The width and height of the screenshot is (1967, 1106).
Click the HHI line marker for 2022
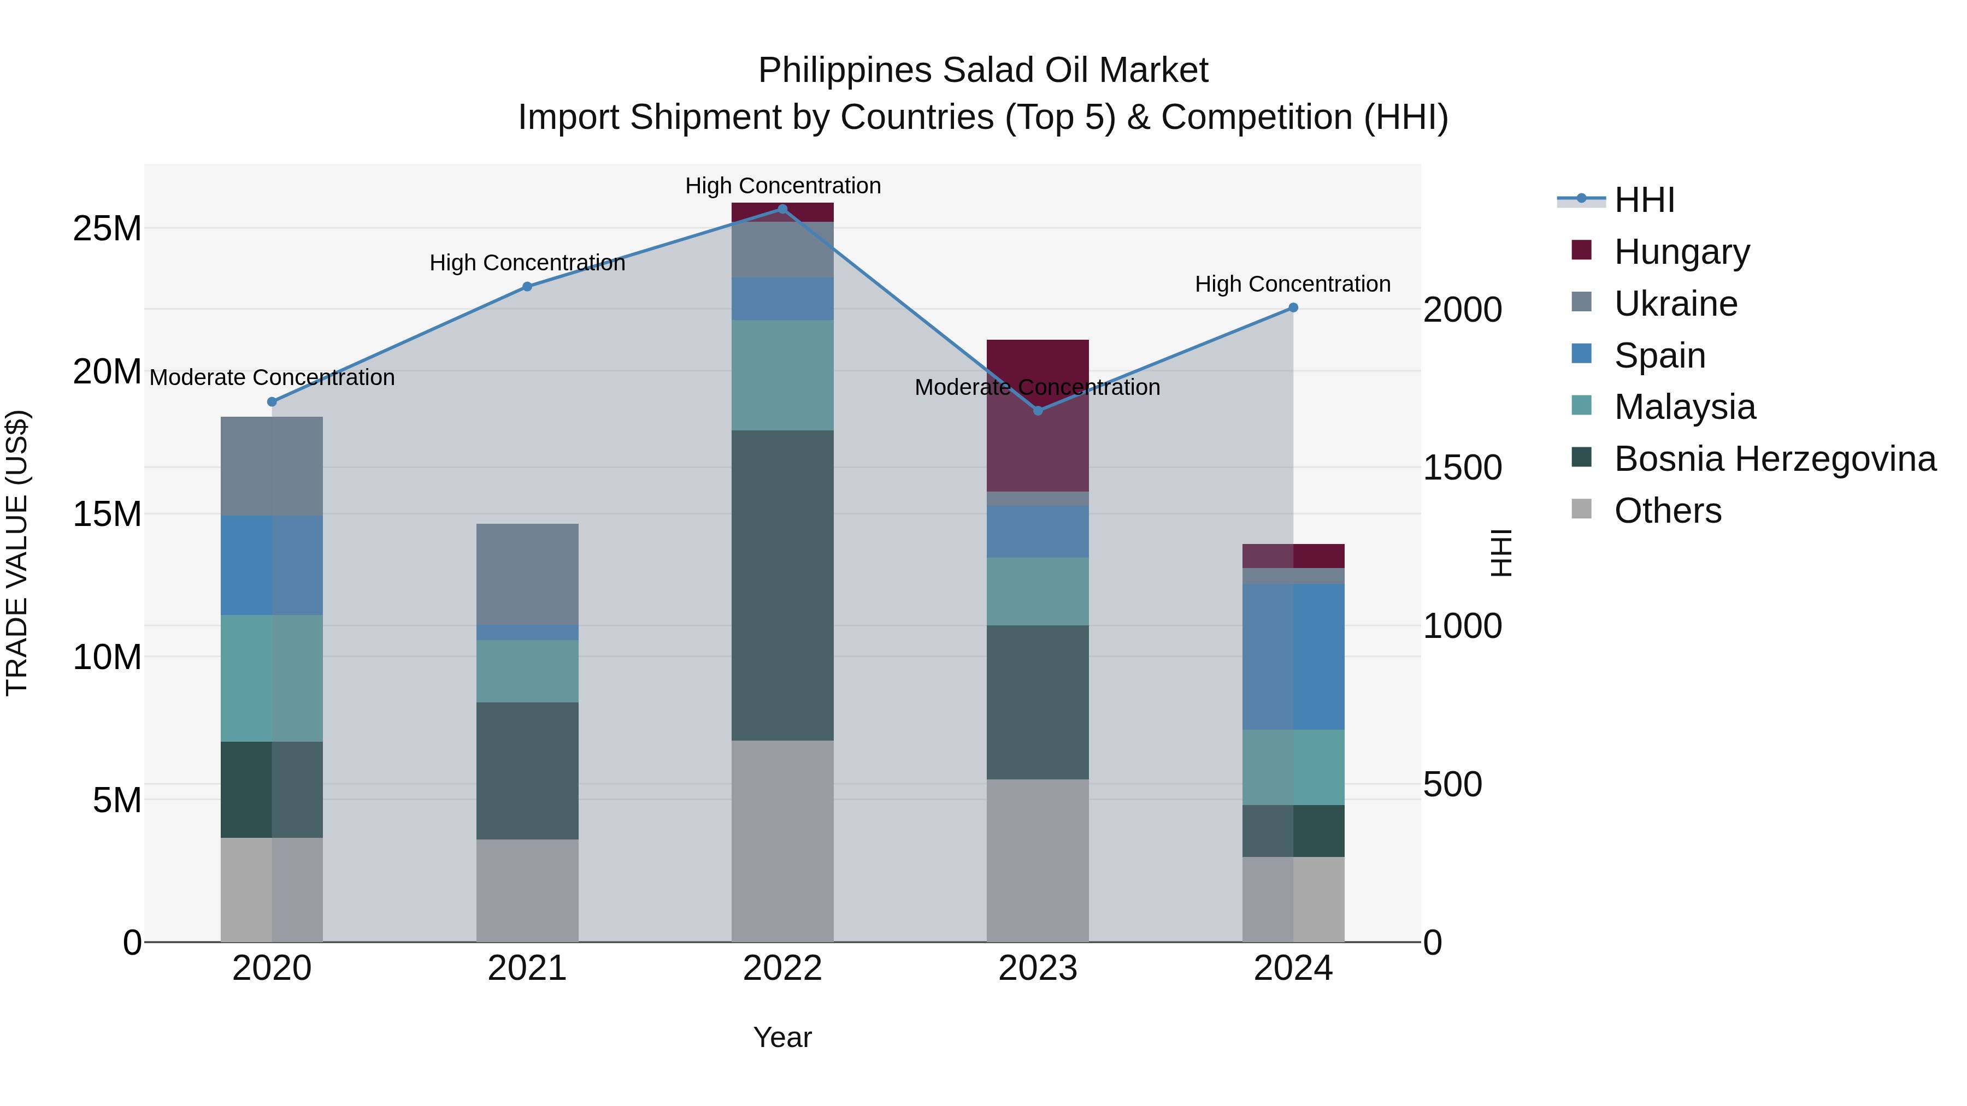[x=782, y=209]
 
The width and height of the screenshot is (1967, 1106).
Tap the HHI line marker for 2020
[x=272, y=401]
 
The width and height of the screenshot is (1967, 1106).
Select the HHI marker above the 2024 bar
[x=1293, y=307]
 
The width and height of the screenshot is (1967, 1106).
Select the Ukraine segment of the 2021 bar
[x=527, y=574]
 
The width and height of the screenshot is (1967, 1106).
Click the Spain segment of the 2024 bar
[x=1293, y=656]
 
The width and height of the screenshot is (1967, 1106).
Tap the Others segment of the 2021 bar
[x=527, y=890]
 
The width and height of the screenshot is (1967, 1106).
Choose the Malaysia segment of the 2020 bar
[x=272, y=678]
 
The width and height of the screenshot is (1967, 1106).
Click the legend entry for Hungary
[x=1681, y=252]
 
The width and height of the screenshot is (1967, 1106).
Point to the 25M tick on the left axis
[x=107, y=228]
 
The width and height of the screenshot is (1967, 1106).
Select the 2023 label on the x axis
[x=1038, y=968]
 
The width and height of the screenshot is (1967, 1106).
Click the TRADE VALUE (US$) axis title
[x=17, y=553]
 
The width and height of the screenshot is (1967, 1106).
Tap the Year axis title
[x=782, y=1037]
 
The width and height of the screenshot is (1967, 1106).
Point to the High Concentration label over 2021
[x=527, y=263]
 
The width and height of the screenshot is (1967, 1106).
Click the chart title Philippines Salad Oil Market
[x=983, y=70]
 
